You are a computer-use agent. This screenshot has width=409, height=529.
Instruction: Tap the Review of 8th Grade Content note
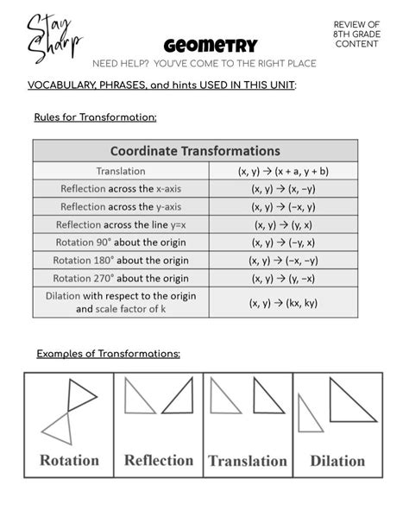point(356,34)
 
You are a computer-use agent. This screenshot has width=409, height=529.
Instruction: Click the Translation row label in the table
point(121,171)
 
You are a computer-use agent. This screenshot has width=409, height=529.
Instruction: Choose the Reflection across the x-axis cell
point(121,188)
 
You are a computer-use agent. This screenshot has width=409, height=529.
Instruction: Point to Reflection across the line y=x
point(121,224)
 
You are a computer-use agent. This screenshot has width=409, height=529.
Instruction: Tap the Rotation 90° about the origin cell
point(121,242)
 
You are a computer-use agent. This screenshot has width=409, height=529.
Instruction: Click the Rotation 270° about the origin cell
point(121,278)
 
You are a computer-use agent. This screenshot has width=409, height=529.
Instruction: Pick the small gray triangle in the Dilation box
point(308,423)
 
